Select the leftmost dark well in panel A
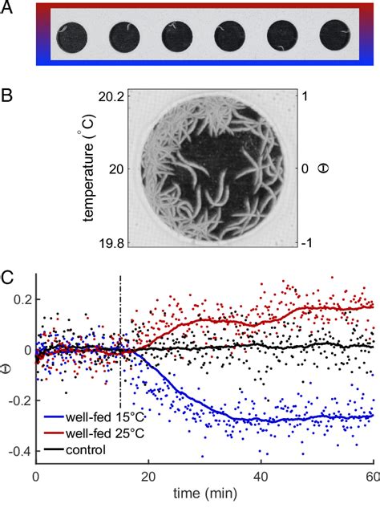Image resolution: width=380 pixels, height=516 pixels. [x=70, y=37]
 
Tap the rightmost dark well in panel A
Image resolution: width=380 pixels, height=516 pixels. [x=335, y=37]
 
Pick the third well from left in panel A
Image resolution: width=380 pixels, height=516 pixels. [x=176, y=37]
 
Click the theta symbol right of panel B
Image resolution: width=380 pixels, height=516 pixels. [x=328, y=169]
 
